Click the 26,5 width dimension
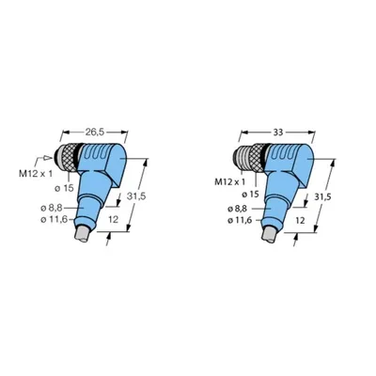[95, 133]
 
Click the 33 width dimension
[277, 133]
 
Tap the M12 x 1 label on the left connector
[36, 174]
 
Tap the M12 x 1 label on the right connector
[229, 181]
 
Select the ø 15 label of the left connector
[64, 188]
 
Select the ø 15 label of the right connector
[251, 195]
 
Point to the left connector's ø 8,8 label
[52, 208]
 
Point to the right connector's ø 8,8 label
[238, 209]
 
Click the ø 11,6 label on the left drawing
[55, 220]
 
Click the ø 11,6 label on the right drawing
[240, 221]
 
